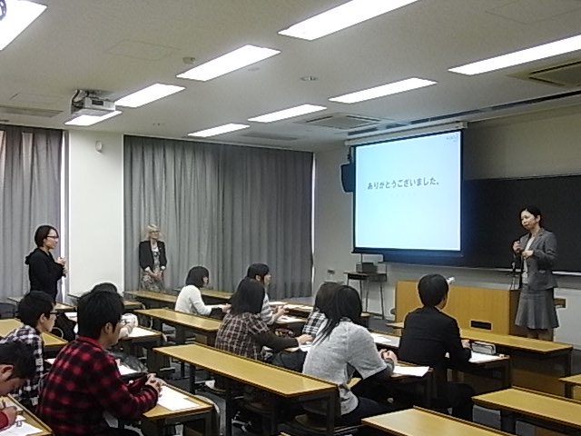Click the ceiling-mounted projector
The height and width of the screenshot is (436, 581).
pos(92,103)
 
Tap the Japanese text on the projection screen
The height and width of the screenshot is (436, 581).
pos(403,183)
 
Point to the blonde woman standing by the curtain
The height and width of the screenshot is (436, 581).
pos(153,258)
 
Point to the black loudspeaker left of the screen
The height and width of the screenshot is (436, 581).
pos(348,177)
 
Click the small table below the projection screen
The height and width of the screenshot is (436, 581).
pos(365,286)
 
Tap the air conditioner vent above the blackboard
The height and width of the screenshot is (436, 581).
pos(553,74)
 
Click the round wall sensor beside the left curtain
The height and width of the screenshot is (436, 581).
pos(99,145)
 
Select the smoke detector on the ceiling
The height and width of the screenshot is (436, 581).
pos(189,60)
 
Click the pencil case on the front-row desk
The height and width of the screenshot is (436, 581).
pos(483,347)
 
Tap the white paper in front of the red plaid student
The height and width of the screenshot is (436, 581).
pos(176,400)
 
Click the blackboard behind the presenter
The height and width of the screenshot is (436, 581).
pos(523,223)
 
